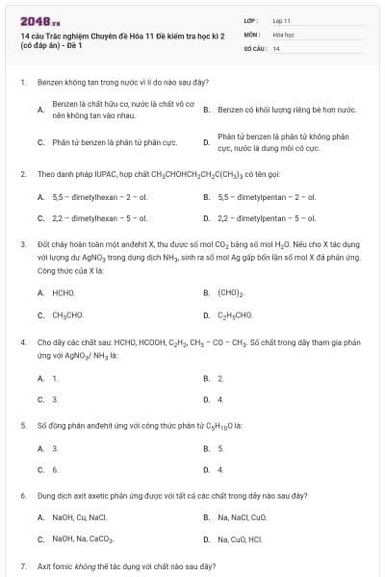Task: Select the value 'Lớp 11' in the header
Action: pyautogui.click(x=281, y=19)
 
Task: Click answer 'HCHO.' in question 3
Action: pyautogui.click(x=64, y=292)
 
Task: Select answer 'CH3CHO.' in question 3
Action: pyautogui.click(x=68, y=314)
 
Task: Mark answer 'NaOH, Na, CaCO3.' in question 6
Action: pyautogui.click(x=84, y=539)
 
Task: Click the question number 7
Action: pyautogui.click(x=22, y=567)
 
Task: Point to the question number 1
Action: pyautogui.click(x=22, y=83)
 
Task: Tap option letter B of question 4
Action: pyautogui.click(x=206, y=378)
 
